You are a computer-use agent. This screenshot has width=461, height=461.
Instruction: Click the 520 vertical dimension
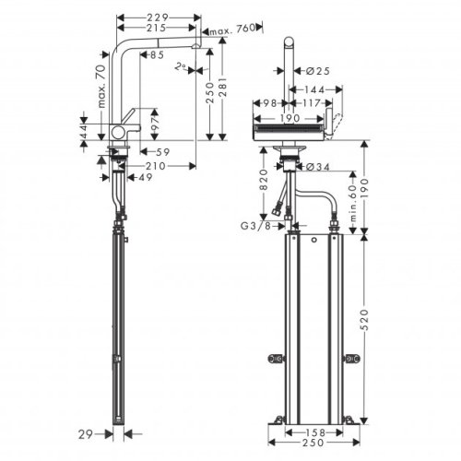point(376,321)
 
